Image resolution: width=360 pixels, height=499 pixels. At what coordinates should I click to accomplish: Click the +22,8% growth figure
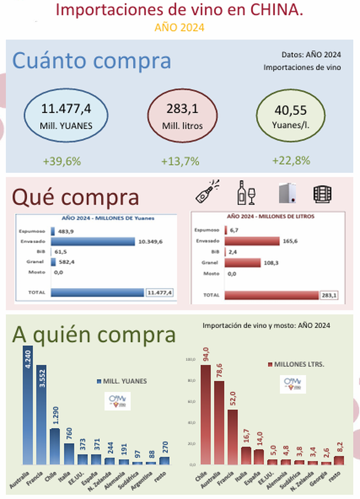[291, 160]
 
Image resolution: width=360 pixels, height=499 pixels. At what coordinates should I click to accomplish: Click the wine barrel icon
[322, 194]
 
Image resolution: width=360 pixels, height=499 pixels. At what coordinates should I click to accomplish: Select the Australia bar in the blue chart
[28, 404]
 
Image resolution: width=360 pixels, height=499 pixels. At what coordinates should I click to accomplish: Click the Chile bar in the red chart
[205, 414]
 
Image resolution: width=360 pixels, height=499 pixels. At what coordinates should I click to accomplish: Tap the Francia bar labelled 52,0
[232, 436]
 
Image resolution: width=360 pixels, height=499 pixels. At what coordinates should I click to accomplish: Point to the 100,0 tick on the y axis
[190, 359]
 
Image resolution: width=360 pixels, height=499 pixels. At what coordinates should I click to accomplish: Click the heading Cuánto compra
[92, 61]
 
